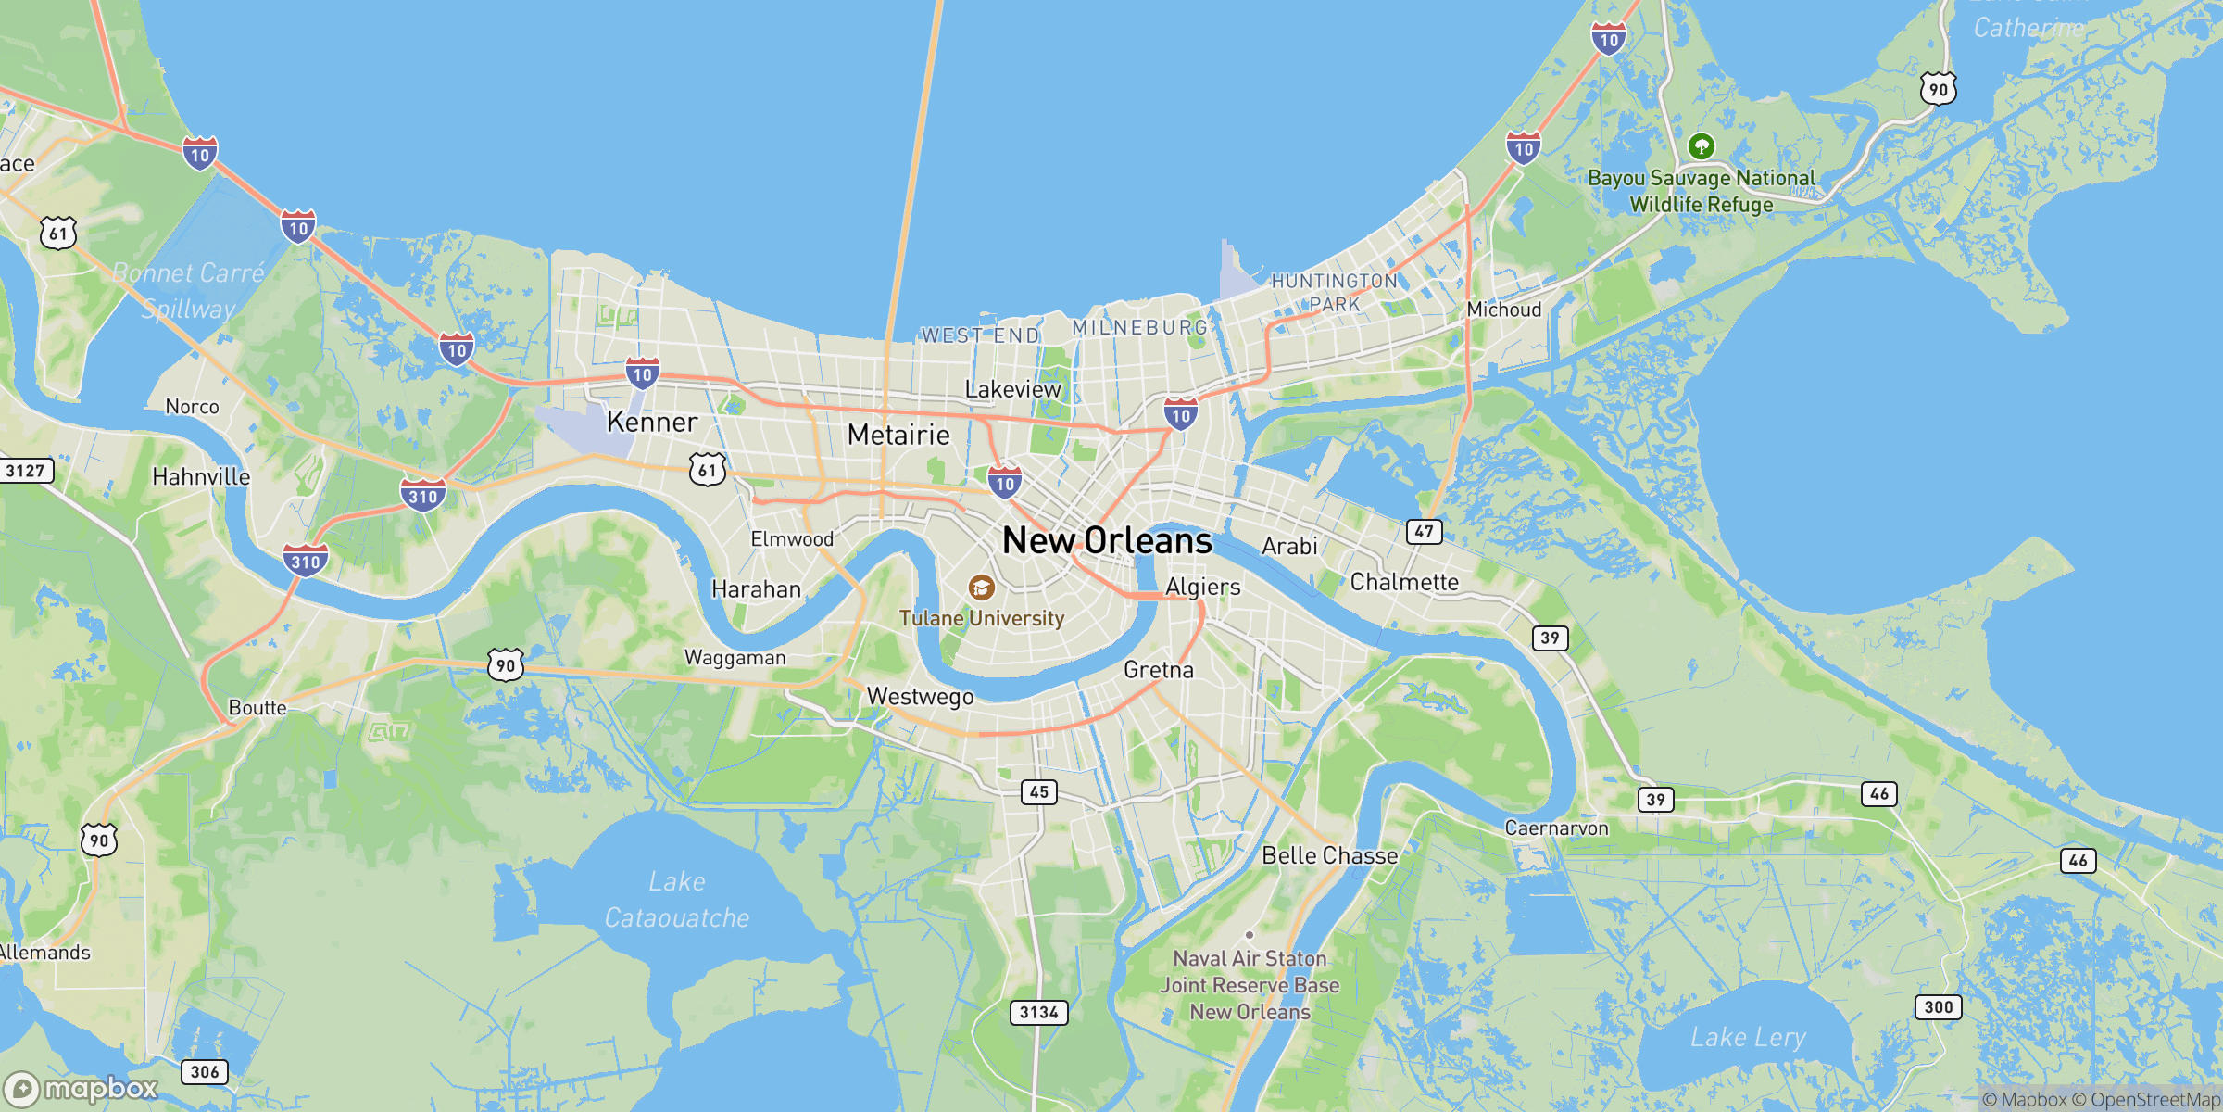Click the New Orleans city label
(1107, 540)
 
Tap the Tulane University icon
(981, 588)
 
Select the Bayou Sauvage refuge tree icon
(1701, 146)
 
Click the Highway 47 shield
(1424, 532)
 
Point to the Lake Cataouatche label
(677, 899)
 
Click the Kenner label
(652, 423)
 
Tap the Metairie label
(898, 435)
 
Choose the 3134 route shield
(1038, 1012)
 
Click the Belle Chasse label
(1330, 855)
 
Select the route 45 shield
(1038, 792)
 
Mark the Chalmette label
(1404, 582)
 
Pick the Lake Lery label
(1748, 1037)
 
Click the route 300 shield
(1938, 1007)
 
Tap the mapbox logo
(82, 1088)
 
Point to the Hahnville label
(201, 477)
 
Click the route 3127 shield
(25, 471)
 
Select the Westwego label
(920, 697)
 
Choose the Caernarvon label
(1556, 828)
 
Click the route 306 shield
(204, 1072)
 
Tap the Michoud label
(1504, 310)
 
